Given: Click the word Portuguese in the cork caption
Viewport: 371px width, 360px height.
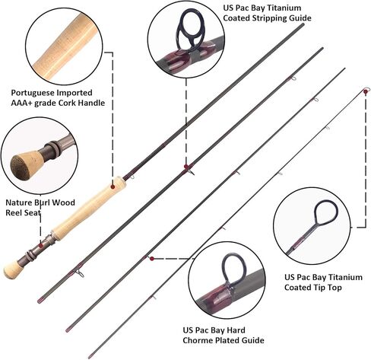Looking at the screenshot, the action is tap(33, 93).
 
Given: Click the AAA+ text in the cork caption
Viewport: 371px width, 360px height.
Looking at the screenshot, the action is tap(21, 103).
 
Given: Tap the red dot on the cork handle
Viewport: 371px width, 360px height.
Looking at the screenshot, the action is tap(113, 186).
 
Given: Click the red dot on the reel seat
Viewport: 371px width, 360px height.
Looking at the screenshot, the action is tap(40, 245).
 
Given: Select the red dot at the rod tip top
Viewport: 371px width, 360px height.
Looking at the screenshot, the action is tap(366, 92).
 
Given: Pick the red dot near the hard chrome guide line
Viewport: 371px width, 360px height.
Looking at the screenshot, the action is tap(152, 259).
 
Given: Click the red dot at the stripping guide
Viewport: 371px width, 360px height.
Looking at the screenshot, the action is tap(186, 167).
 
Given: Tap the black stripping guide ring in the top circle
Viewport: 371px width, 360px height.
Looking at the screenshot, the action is tap(190, 30).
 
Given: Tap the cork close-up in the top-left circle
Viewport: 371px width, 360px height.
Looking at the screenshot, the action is tap(65, 46).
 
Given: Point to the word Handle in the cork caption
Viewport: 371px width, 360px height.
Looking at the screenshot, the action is tap(91, 103).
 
